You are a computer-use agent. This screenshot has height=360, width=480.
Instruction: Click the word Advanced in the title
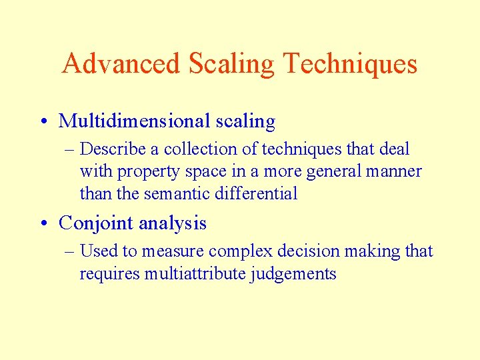121,64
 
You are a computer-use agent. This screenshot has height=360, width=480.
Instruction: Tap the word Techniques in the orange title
350,64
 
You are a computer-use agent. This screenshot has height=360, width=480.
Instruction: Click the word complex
239,252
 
